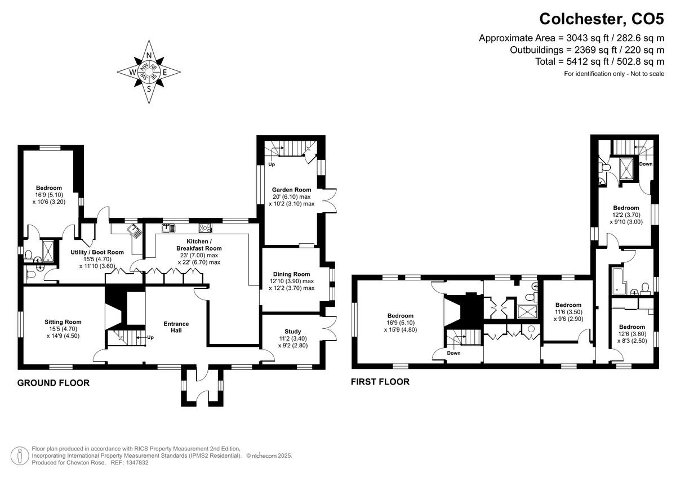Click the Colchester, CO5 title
602,19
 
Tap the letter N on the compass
149,55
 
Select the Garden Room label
291,190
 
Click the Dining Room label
291,274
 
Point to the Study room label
293,332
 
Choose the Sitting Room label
63,322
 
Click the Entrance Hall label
176,327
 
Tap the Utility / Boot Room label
97,252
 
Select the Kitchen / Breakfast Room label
199,244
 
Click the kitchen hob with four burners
205,228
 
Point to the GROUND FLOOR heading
54,383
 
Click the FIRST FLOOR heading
380,382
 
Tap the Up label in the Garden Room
272,164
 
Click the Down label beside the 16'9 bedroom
453,353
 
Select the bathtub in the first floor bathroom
618,281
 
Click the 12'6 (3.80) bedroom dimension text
633,334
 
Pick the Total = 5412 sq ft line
599,61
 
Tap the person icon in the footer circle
20,455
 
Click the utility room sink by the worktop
135,231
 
